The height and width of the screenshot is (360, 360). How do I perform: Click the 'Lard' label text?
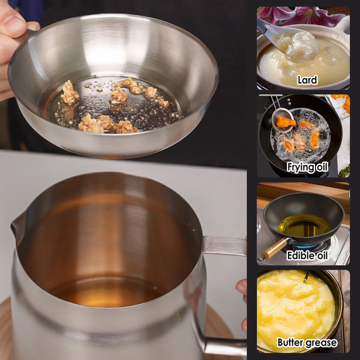coord(307,80)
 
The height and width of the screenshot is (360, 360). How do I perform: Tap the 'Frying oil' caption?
coord(307,167)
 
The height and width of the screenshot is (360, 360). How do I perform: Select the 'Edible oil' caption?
coord(306,255)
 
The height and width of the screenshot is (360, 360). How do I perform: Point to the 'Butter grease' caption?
coord(307,343)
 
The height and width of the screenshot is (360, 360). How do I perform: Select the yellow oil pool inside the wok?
coord(304,226)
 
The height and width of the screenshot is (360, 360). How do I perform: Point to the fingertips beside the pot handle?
coord(242,288)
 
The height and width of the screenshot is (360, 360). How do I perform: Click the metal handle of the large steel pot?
coord(225,246)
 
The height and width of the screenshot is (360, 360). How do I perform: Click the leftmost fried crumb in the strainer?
coord(70,93)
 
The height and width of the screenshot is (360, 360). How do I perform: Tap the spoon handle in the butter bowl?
coord(308,276)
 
